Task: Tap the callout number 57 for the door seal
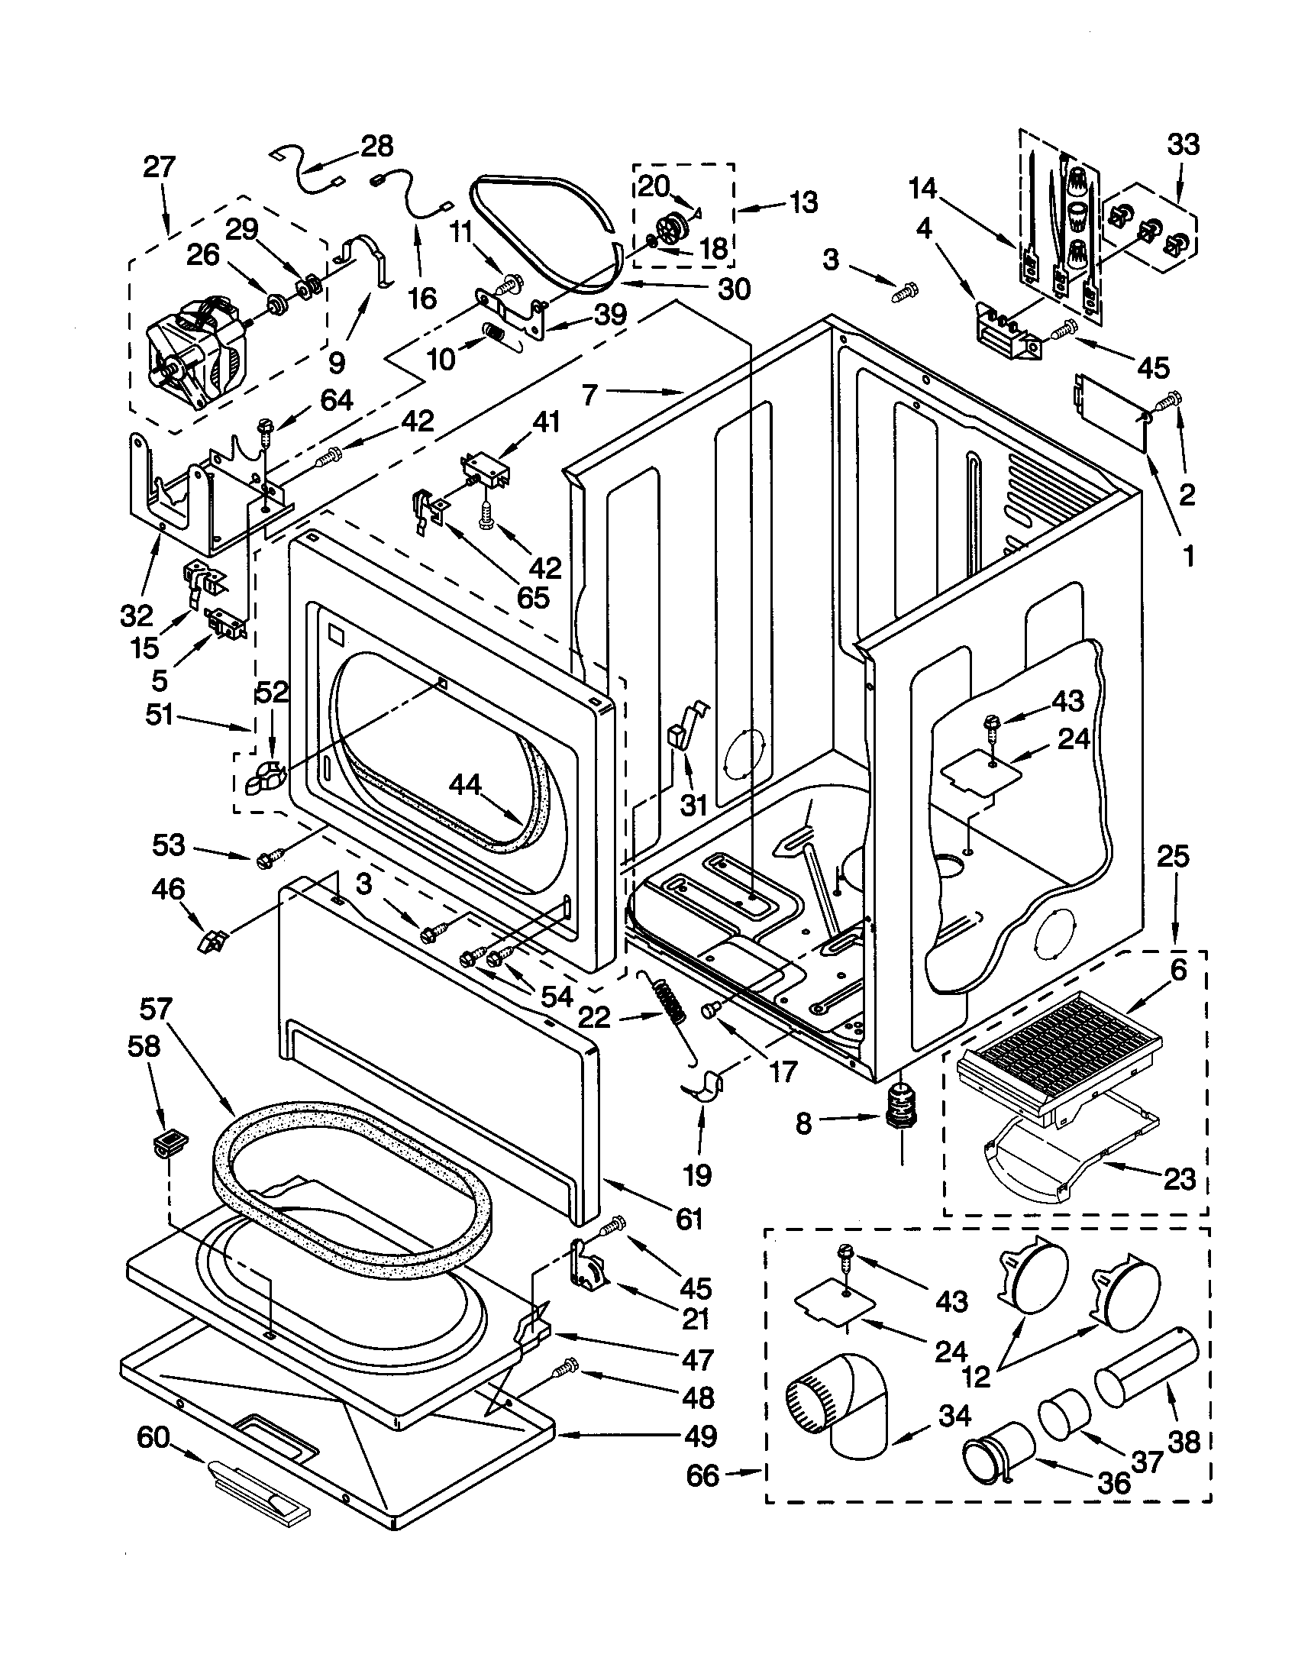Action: [156, 1010]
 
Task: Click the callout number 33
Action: [1183, 144]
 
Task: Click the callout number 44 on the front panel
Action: [465, 784]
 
